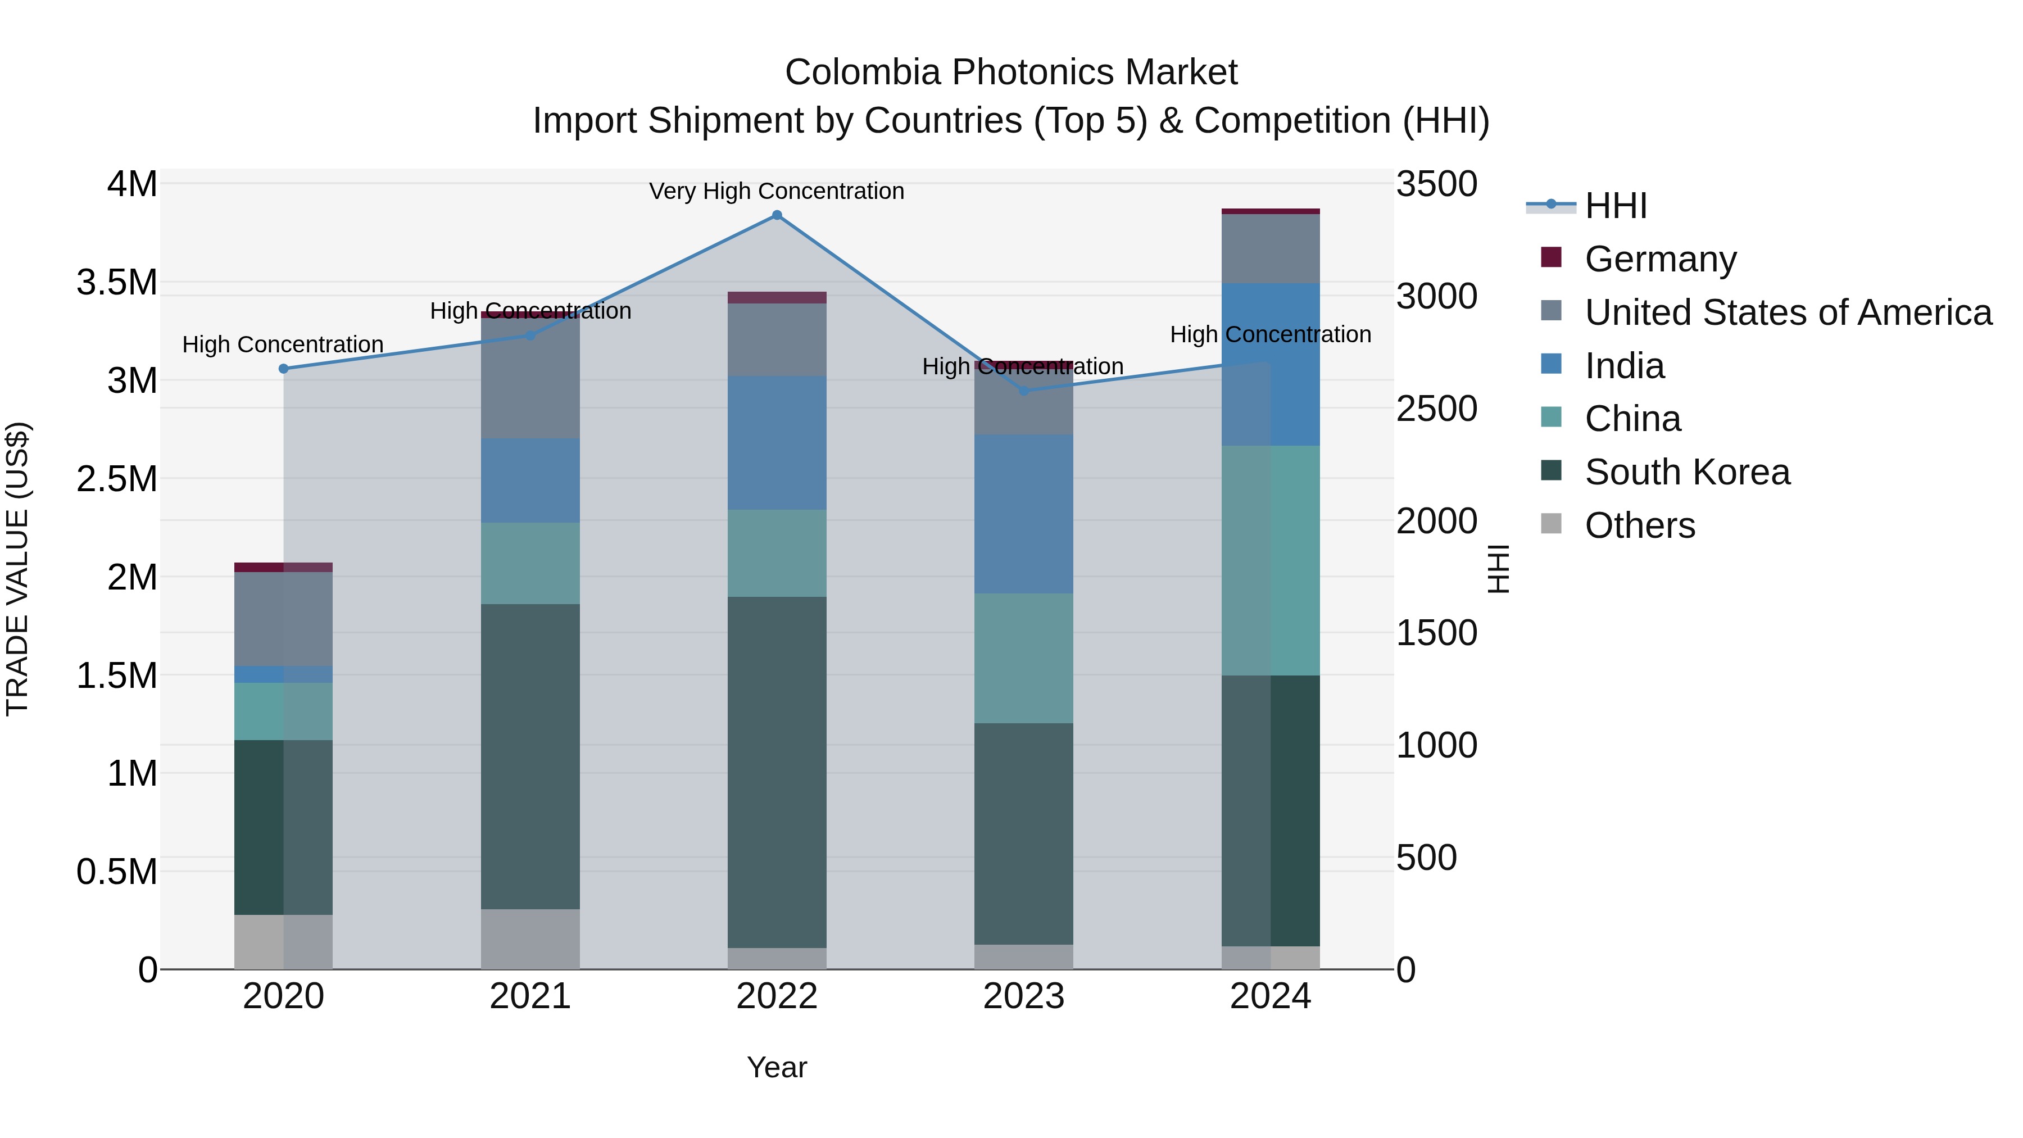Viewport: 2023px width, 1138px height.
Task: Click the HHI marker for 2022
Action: [777, 215]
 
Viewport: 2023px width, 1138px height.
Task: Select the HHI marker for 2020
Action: [284, 368]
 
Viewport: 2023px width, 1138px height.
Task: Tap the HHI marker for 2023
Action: [1023, 391]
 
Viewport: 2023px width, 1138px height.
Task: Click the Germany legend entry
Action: [1659, 259]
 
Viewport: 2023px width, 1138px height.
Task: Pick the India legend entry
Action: [1623, 366]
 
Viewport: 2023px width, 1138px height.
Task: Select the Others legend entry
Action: [1639, 525]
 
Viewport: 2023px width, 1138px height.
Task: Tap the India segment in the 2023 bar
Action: [1023, 514]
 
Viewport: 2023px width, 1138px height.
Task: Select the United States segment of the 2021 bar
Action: [530, 378]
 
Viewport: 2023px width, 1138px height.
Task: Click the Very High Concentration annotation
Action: [777, 191]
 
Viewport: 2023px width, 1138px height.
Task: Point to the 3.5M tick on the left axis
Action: [116, 283]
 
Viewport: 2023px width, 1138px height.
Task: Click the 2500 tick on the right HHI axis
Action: [1436, 409]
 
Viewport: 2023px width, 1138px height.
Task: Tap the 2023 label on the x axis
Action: [1023, 996]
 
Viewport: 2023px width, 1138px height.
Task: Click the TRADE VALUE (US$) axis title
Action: [17, 569]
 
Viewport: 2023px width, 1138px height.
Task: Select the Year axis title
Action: [777, 1067]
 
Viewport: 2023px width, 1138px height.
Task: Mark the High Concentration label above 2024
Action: [1270, 334]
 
